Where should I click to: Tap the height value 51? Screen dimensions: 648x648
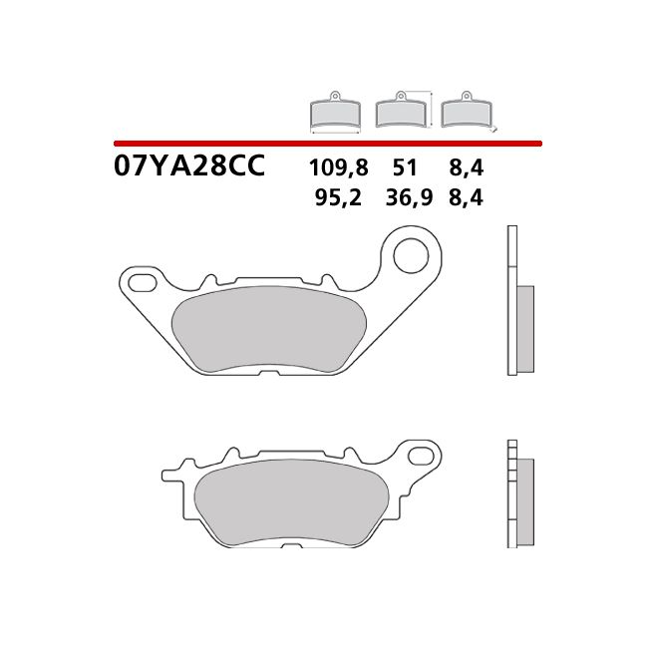pos(406,167)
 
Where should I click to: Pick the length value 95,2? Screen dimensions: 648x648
pos(335,197)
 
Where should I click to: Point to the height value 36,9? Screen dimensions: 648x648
pos(408,197)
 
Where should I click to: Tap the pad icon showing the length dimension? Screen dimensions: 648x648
pos(335,113)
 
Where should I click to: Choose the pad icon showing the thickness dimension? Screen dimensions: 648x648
pos(469,112)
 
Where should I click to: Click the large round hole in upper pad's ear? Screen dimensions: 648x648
pos(410,255)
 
